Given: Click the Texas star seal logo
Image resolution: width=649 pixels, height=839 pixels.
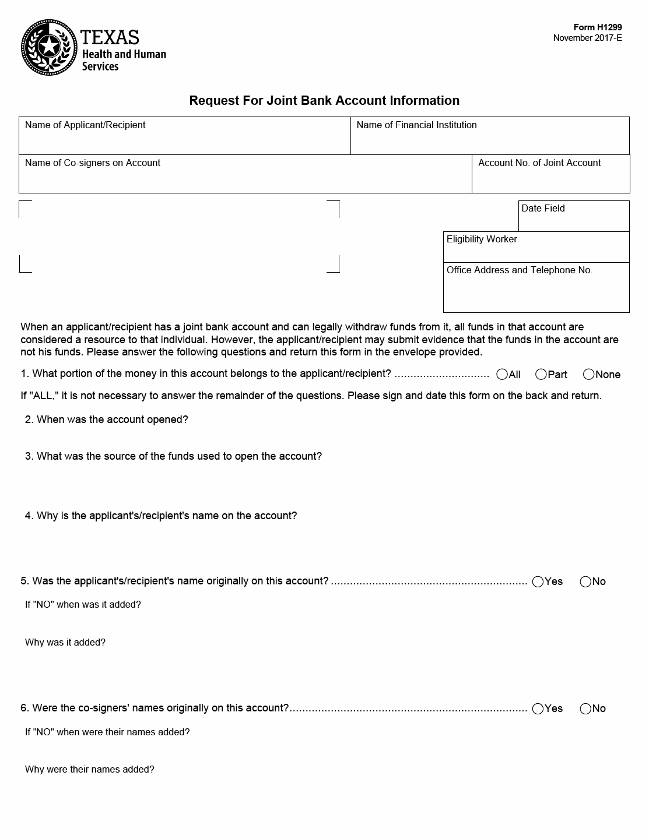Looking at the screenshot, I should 49,47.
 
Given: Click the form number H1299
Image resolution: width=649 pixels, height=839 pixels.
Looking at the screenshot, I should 598,27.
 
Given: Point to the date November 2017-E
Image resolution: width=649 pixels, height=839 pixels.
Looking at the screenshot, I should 587,38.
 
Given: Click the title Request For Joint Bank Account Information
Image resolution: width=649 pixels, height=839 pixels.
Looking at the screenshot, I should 324,100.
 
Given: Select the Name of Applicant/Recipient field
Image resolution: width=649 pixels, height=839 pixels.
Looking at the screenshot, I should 184,140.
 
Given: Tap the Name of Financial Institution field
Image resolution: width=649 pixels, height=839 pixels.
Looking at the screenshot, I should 490,140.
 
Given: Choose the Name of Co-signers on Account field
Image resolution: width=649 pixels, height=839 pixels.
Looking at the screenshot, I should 245,178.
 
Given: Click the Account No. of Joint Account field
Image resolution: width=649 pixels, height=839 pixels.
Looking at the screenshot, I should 550,178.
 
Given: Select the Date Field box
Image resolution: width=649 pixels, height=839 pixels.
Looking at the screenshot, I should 574,220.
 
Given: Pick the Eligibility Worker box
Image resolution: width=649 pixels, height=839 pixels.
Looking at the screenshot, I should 536,251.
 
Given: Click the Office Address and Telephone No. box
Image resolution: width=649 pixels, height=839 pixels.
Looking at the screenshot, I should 536,291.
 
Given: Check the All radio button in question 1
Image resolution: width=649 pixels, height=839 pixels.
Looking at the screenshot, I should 502,375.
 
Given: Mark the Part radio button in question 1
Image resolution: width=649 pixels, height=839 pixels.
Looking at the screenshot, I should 541,375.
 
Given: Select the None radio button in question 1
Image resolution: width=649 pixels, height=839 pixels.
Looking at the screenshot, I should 589,375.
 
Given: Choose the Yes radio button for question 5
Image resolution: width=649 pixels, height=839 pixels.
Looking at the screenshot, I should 538,581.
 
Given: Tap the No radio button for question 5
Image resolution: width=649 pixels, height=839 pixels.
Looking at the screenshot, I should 585,581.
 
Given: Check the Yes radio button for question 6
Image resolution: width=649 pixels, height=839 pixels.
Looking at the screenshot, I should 538,708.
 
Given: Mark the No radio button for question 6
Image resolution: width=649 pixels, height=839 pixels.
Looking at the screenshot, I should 585,708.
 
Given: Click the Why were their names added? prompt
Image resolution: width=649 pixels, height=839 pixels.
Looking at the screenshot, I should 90,769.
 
